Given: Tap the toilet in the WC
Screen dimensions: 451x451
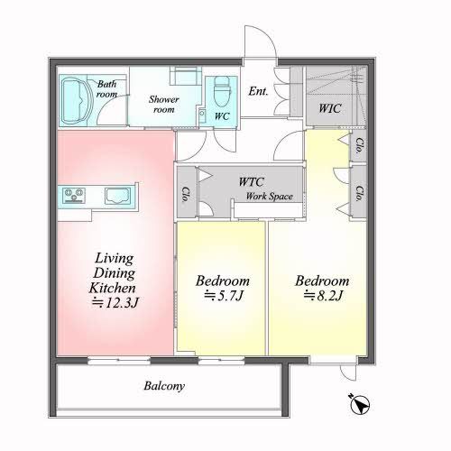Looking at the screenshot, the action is [x=222, y=92].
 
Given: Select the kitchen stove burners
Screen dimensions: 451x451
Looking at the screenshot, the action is [x=74, y=195].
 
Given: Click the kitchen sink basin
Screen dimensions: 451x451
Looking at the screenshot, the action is [x=117, y=195].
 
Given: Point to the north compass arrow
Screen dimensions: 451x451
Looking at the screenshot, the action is [x=360, y=405].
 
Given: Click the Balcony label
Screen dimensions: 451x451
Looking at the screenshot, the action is [x=164, y=386].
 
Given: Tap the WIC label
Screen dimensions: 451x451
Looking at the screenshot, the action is [x=330, y=108].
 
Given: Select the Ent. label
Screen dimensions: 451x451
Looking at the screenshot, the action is [x=258, y=91].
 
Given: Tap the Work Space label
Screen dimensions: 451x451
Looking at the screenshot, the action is [x=270, y=197].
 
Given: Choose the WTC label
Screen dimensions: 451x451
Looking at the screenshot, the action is [x=251, y=181].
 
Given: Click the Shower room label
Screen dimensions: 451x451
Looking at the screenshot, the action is [x=164, y=104].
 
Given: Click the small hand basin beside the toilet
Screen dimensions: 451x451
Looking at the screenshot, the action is [x=202, y=114].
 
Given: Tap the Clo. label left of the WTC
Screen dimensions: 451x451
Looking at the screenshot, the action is [x=186, y=195].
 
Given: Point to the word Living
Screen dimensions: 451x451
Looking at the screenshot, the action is [x=115, y=258].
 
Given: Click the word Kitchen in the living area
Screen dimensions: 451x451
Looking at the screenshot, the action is [x=113, y=288].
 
